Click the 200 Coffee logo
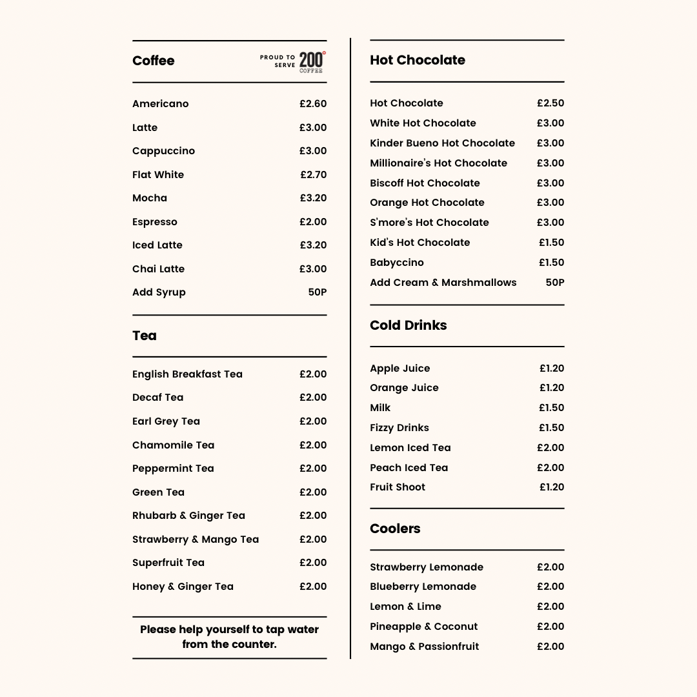tap(312, 61)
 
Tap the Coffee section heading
tap(154, 61)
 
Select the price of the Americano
tap(313, 104)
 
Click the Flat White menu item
tap(158, 175)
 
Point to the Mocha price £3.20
tap(313, 198)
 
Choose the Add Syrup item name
tap(159, 292)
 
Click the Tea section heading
tap(145, 336)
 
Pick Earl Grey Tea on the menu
tap(166, 421)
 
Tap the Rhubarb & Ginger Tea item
tap(188, 516)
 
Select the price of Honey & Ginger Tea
tap(313, 587)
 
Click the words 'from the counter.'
tap(229, 644)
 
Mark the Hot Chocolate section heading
tap(418, 60)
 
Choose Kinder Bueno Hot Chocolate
tap(442, 143)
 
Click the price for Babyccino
tap(551, 263)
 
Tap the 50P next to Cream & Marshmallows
tap(554, 283)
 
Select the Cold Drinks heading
tap(408, 325)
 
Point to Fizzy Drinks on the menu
tap(399, 428)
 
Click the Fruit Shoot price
tap(552, 487)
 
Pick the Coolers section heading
tap(395, 529)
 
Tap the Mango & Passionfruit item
tap(424, 647)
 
